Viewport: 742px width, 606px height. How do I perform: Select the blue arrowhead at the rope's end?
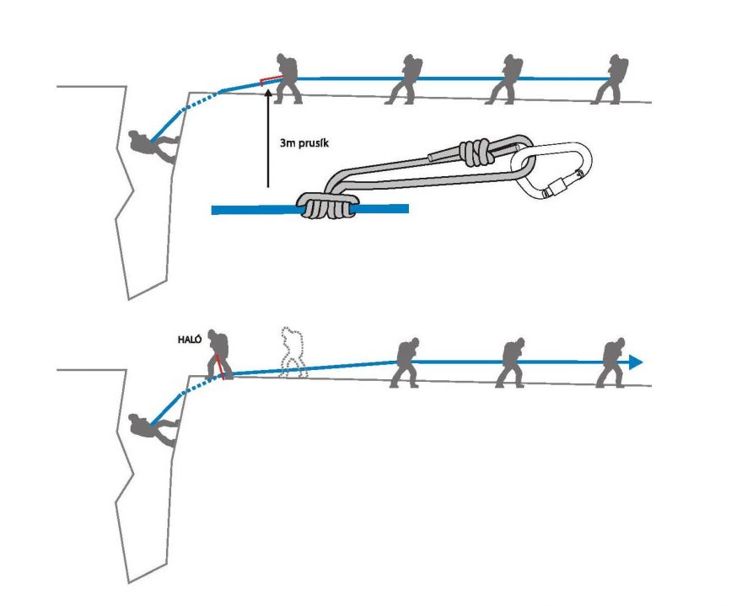click(x=635, y=362)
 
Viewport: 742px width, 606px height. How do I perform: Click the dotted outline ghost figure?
click(x=292, y=352)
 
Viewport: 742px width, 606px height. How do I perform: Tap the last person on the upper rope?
click(x=610, y=79)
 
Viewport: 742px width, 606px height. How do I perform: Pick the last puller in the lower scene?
click(x=612, y=362)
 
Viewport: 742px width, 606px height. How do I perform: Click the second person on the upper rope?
click(x=403, y=79)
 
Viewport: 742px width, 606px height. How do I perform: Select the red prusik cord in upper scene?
click(x=269, y=80)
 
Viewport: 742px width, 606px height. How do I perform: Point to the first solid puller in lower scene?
click(x=406, y=362)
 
